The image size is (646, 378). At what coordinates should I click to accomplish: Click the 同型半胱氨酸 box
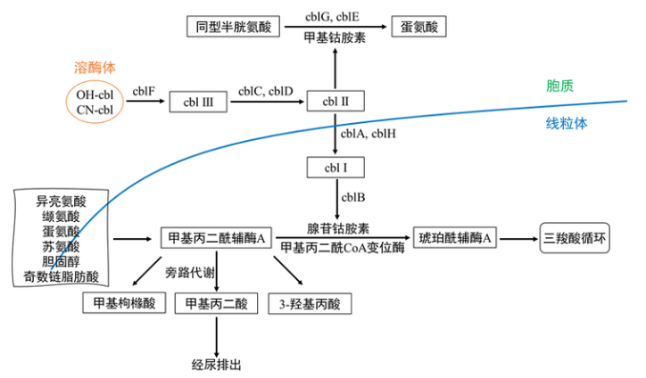tap(233, 27)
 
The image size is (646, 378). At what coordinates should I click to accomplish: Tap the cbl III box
tap(197, 103)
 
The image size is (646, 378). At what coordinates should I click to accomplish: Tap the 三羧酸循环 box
tap(575, 238)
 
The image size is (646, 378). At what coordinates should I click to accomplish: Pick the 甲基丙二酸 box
tap(216, 303)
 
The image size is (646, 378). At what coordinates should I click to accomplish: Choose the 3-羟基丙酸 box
tap(310, 303)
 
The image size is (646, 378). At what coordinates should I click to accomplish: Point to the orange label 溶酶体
tap(95, 67)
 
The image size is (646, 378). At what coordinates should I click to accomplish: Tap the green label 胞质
tap(559, 86)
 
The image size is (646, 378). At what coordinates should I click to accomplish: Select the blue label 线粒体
tap(567, 125)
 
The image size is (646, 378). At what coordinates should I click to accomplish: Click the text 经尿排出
tap(217, 365)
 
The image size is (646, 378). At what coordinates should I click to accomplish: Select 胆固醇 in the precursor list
tap(61, 261)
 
